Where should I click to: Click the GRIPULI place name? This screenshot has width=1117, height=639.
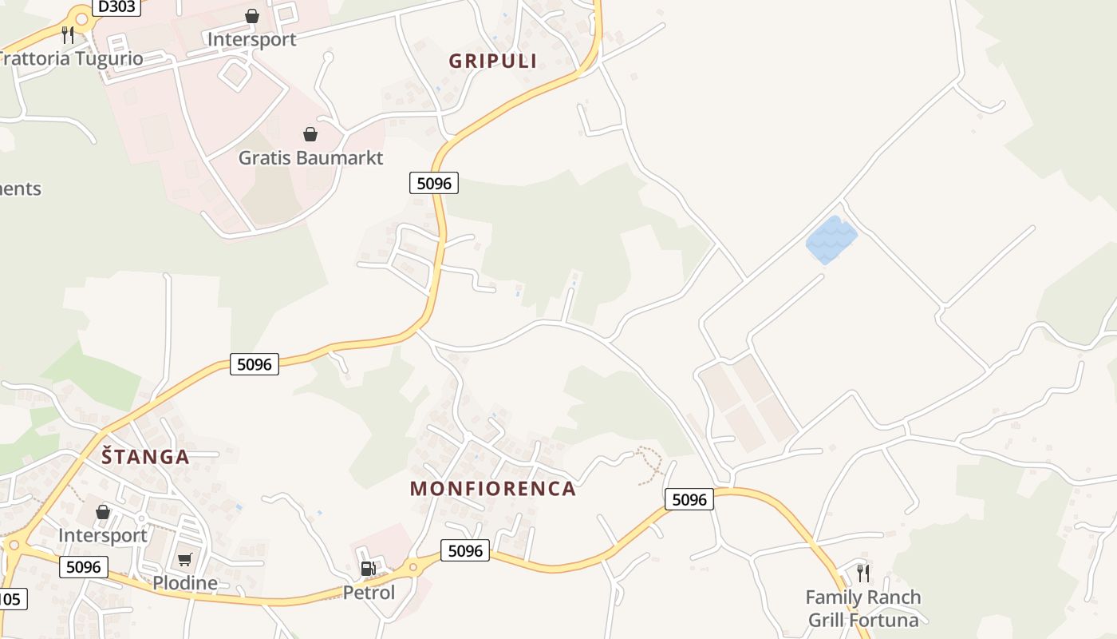(x=492, y=62)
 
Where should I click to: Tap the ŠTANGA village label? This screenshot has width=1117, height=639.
(x=145, y=457)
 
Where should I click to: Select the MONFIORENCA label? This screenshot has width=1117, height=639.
(x=492, y=489)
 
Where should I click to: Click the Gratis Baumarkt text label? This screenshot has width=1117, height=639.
(x=310, y=157)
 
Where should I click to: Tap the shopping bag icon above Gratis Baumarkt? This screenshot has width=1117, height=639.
(x=310, y=134)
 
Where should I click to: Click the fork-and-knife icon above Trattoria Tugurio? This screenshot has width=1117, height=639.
(x=68, y=34)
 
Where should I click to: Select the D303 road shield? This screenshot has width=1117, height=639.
(x=116, y=7)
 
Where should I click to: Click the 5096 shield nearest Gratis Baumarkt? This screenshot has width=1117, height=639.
(x=434, y=183)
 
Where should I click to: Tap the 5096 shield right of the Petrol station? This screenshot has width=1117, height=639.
(x=465, y=550)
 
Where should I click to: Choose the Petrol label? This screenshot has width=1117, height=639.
(x=369, y=593)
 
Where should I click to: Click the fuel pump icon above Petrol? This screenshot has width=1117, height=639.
(x=368, y=569)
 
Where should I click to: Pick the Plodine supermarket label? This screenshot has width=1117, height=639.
(x=185, y=583)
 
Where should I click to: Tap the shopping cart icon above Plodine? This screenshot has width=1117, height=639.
(x=185, y=559)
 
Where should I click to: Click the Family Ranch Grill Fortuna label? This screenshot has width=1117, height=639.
(x=863, y=609)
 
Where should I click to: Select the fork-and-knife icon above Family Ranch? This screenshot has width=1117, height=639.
(x=863, y=573)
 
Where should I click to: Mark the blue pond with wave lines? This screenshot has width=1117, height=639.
(x=831, y=239)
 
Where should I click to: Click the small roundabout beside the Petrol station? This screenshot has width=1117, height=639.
(x=412, y=568)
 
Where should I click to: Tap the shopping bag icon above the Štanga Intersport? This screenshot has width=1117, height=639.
(x=103, y=512)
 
